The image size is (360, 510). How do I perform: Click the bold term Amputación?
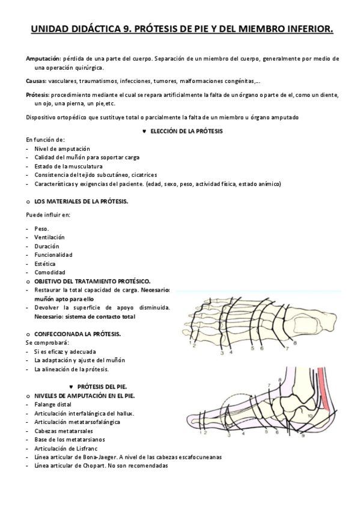pyautogui.click(x=43, y=58)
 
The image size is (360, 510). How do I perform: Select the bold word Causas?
pyautogui.click(x=37, y=81)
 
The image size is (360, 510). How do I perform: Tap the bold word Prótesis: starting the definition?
pyautogui.click(x=38, y=94)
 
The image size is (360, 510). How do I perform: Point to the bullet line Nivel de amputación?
pyautogui.click(x=62, y=148)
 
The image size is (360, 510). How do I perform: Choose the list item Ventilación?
pyautogui.click(x=50, y=238)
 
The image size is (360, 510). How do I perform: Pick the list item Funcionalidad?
pyautogui.click(x=53, y=254)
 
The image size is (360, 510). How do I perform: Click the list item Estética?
pyautogui.click(x=45, y=263)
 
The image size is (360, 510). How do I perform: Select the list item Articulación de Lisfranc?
pyautogui.click(x=67, y=448)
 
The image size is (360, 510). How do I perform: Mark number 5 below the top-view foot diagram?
pyautogui.click(x=252, y=348)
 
